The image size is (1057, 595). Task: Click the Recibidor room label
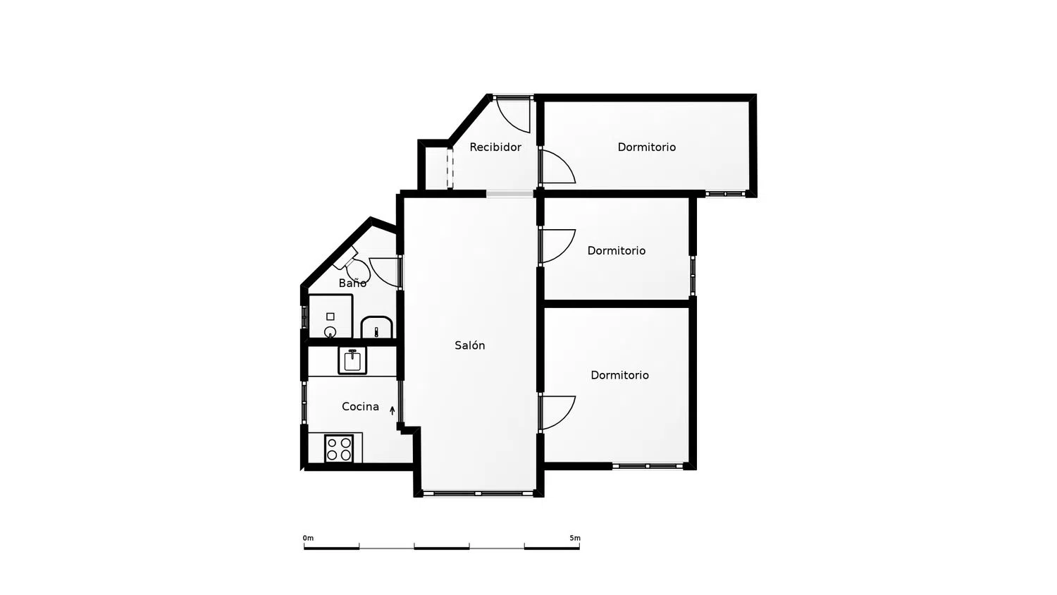495,147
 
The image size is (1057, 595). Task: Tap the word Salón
469,345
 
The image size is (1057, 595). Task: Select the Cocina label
360,407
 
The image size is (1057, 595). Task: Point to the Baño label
352,283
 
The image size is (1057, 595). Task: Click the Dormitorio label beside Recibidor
646,147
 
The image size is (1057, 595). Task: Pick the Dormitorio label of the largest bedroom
619,375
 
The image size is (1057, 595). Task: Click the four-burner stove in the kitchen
339,448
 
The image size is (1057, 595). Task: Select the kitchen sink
352,361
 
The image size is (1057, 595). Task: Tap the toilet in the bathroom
354,266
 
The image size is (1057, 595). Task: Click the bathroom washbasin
376,327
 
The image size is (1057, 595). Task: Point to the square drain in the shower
330,317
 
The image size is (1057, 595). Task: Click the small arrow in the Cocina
392,410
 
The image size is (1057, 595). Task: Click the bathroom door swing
385,272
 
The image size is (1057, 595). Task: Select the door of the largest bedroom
558,412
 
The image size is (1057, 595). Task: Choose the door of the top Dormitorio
558,166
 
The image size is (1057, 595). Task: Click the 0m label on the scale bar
308,538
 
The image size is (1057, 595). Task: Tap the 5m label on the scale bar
575,538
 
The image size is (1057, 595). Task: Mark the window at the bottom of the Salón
478,493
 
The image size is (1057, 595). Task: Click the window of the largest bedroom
648,466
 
